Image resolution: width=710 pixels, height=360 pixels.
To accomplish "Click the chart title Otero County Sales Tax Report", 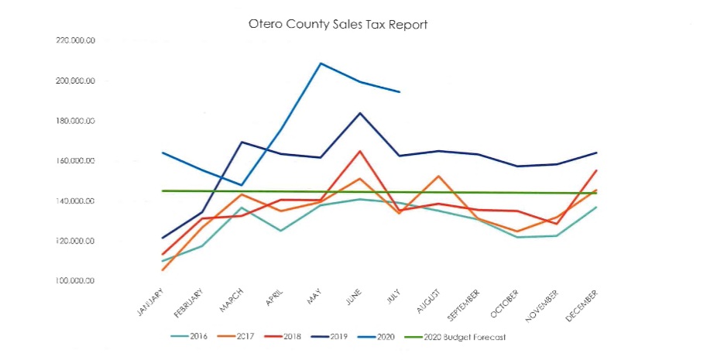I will [x=338, y=24].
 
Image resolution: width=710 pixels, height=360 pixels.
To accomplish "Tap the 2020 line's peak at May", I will [x=321, y=63].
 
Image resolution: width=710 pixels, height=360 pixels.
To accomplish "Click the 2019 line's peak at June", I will [x=360, y=113].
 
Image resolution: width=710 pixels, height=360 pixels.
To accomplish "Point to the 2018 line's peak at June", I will [x=360, y=151].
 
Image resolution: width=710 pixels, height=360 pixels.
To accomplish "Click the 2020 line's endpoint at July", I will [x=400, y=92].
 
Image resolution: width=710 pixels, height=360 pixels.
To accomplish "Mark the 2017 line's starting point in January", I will [x=162, y=270].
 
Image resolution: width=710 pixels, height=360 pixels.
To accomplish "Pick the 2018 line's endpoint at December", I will [x=596, y=170].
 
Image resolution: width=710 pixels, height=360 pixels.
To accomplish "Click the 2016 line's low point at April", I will [x=280, y=231].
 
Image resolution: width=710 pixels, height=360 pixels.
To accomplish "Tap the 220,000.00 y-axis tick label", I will [x=75, y=41].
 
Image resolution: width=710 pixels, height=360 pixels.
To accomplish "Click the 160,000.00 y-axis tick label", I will [x=75, y=161].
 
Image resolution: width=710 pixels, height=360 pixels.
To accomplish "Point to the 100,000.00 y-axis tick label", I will [x=75, y=281].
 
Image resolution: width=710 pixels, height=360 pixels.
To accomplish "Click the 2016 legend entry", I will [x=191, y=337].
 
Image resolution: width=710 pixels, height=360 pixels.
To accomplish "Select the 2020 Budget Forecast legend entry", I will [x=461, y=337].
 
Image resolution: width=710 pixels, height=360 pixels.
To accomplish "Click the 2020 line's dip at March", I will [x=242, y=186].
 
